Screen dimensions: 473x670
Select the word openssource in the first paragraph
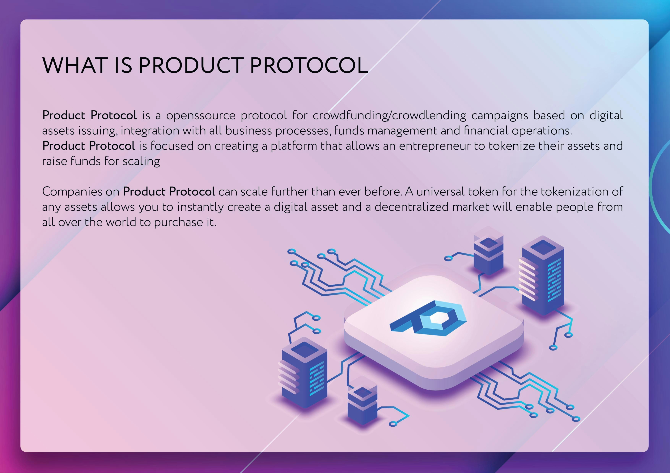click(201, 115)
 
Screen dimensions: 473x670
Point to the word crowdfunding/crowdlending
click(389, 115)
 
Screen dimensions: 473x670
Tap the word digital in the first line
click(606, 115)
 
